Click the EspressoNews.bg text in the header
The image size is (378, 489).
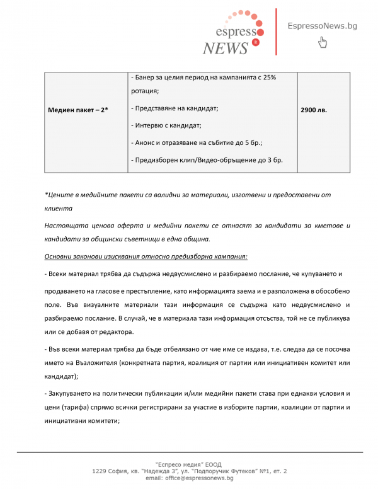(322, 26)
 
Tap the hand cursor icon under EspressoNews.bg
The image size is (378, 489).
(323, 43)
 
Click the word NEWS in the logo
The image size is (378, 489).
(226, 48)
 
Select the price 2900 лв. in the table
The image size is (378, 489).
(314, 110)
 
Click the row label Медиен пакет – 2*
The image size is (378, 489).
(78, 110)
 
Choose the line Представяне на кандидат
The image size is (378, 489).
(175, 109)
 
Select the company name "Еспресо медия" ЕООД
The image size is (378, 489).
(188, 464)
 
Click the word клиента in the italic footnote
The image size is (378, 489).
(59, 207)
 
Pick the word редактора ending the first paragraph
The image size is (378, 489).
(116, 332)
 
